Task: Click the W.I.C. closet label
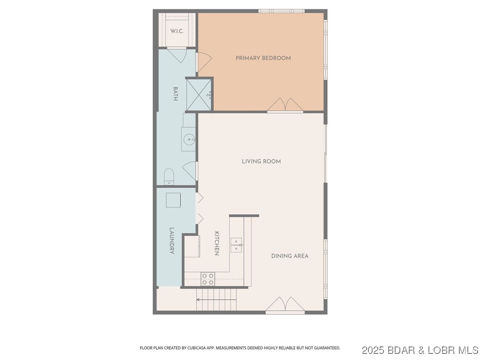tap(177, 31)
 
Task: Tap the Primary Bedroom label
tap(263, 58)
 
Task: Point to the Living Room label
tap(261, 161)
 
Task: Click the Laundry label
tap(172, 241)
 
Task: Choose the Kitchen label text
tap(217, 243)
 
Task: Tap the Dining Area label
tap(290, 256)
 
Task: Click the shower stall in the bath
tap(200, 94)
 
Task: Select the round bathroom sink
tap(188, 139)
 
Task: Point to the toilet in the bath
tap(169, 177)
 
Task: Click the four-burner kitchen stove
tap(208, 279)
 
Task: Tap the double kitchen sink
tap(236, 245)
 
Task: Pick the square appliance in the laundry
tap(173, 200)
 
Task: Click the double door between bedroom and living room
tap(285, 105)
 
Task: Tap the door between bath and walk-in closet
tap(177, 55)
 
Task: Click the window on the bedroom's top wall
tap(281, 11)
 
